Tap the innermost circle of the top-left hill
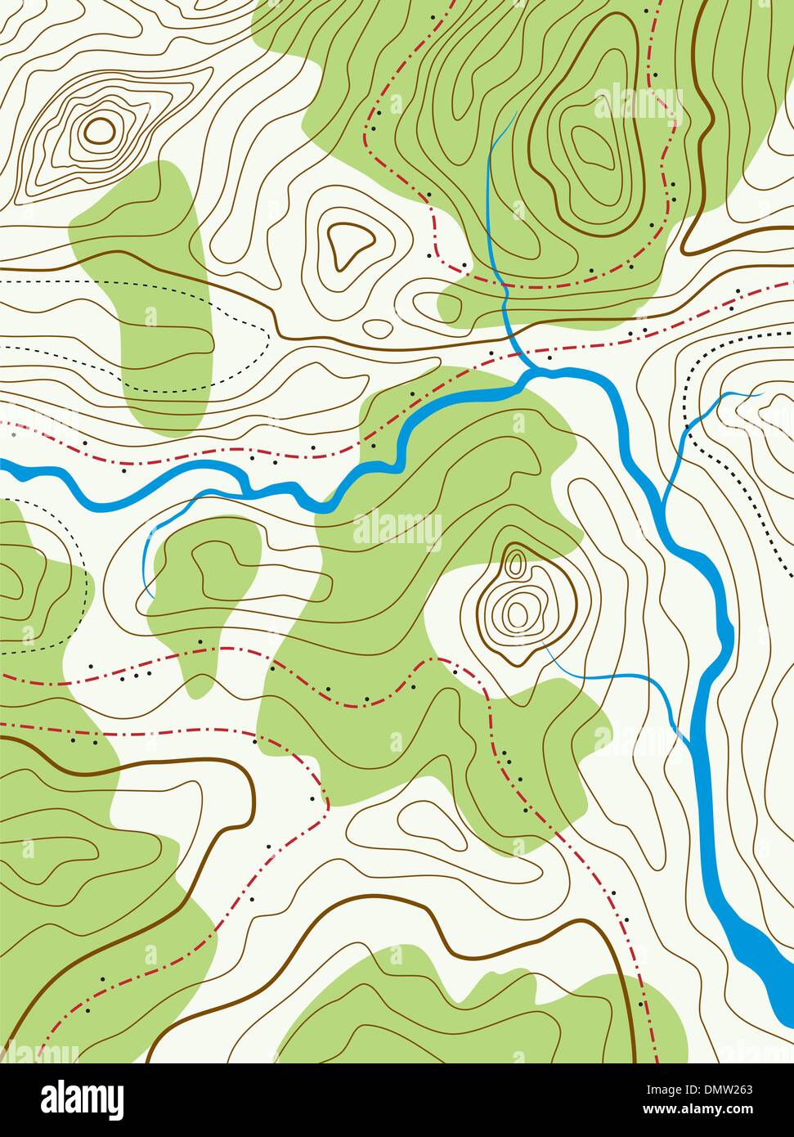[x=99, y=128]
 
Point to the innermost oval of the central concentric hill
[x=516, y=612]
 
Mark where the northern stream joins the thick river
[x=527, y=373]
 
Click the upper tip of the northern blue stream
[x=515, y=112]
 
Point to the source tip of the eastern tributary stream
[x=760, y=393]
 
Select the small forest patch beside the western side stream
[x=204, y=573]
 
